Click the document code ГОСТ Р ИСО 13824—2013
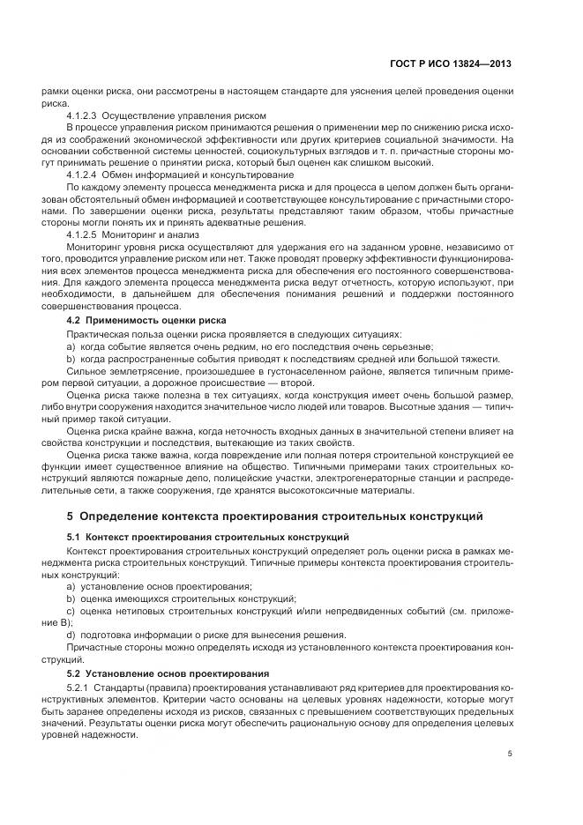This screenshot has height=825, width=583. [x=450, y=64]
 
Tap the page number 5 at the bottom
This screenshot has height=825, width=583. [x=511, y=753]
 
